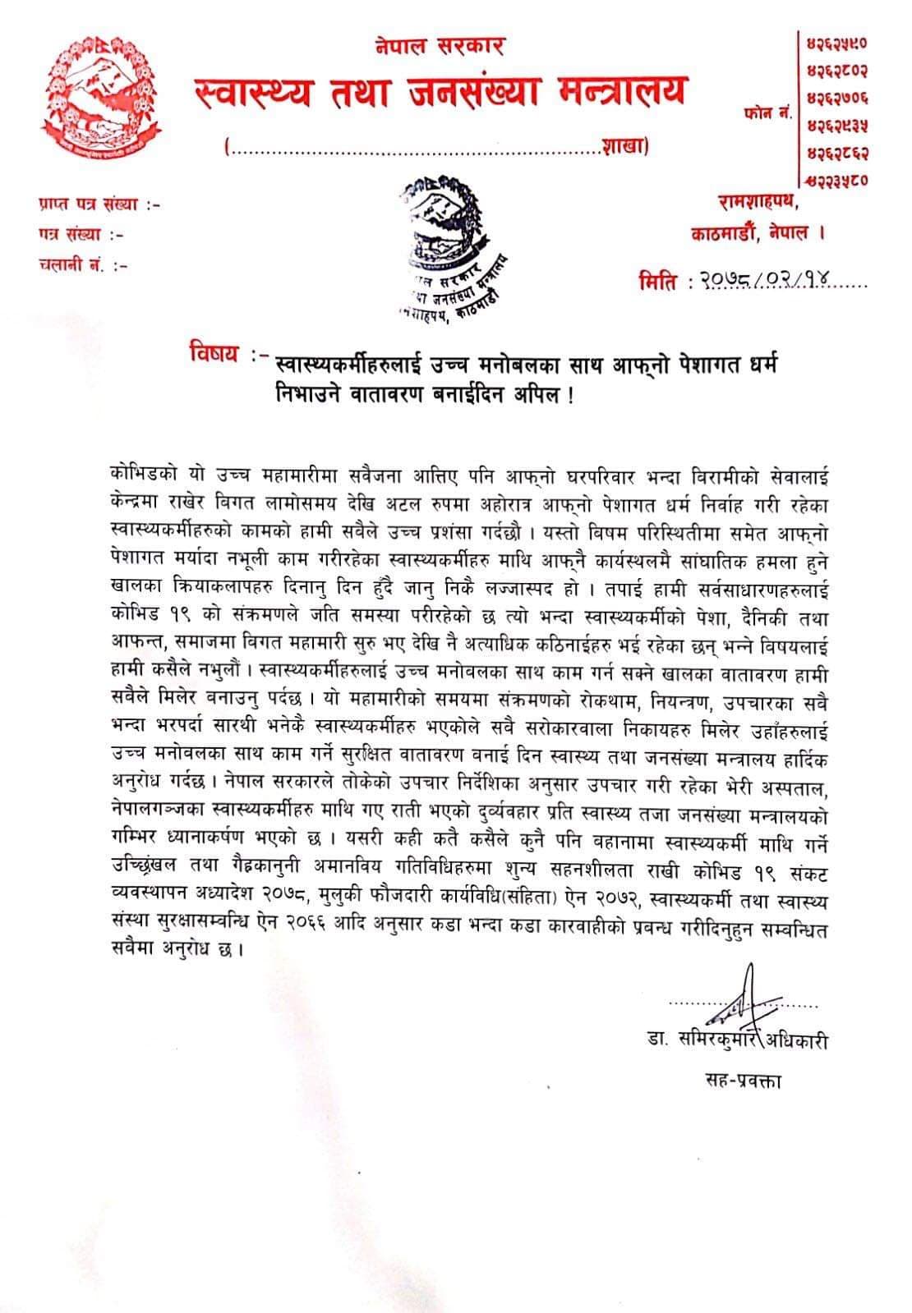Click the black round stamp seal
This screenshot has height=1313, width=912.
(451, 248)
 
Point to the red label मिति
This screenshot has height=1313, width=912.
(658, 282)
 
